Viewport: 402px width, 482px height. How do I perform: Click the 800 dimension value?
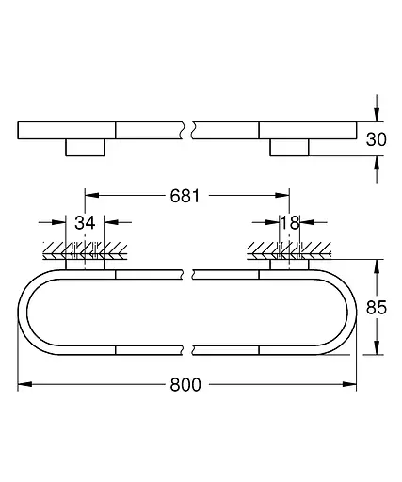point(185,384)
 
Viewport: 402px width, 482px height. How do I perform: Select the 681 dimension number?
point(185,196)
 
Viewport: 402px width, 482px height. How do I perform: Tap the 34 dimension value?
point(85,223)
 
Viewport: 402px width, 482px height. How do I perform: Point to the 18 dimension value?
point(289,223)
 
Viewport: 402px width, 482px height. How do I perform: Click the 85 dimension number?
point(377,308)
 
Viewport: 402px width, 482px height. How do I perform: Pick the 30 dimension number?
point(377,139)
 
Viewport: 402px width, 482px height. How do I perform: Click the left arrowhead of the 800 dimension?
point(24,384)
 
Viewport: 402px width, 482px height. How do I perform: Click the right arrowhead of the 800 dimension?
point(349,384)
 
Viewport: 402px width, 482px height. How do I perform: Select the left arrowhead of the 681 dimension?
point(92,195)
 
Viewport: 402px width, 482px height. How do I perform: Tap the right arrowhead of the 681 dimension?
point(282,195)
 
